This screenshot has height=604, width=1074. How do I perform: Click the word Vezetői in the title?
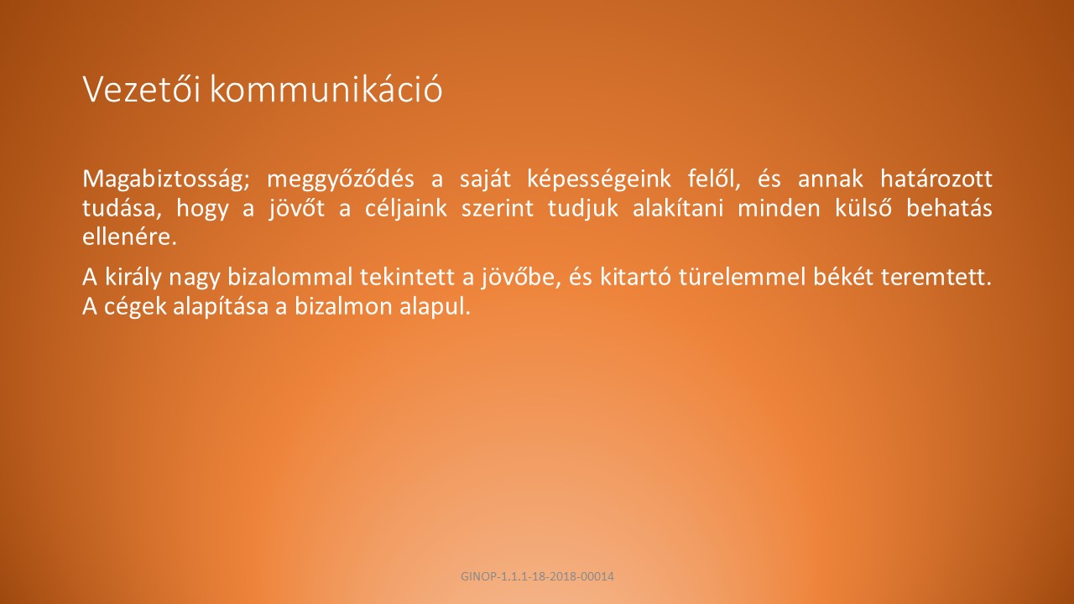coord(142,89)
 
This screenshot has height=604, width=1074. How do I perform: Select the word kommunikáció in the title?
coord(326,89)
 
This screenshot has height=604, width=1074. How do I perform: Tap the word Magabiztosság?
coord(166,180)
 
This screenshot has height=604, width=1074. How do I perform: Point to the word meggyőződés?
coord(341,180)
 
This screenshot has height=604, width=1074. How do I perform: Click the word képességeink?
coord(599,180)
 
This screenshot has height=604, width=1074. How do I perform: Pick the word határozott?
coord(936,179)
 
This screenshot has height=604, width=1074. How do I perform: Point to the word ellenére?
coord(129,237)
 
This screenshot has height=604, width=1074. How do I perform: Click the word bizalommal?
coord(289,277)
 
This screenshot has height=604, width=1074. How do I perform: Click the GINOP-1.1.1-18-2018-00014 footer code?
coord(537,576)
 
